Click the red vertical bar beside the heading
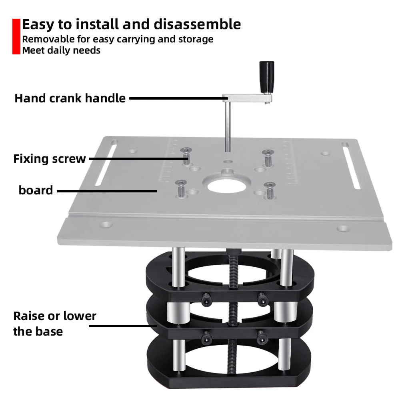[x=16, y=36]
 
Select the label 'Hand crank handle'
[x=70, y=98]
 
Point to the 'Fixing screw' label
[x=50, y=159]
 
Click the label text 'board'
[x=36, y=190]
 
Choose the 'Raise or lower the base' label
[x=55, y=324]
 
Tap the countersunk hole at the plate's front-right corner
[x=342, y=229]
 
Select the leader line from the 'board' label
[x=106, y=191]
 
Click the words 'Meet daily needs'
[x=61, y=50]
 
